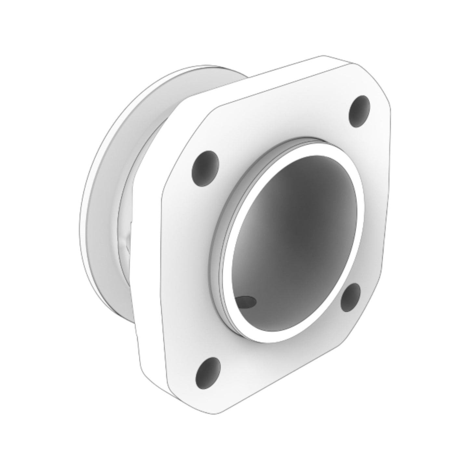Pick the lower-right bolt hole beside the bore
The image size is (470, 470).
pos(350,297)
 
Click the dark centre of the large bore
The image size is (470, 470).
pos(294,241)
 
